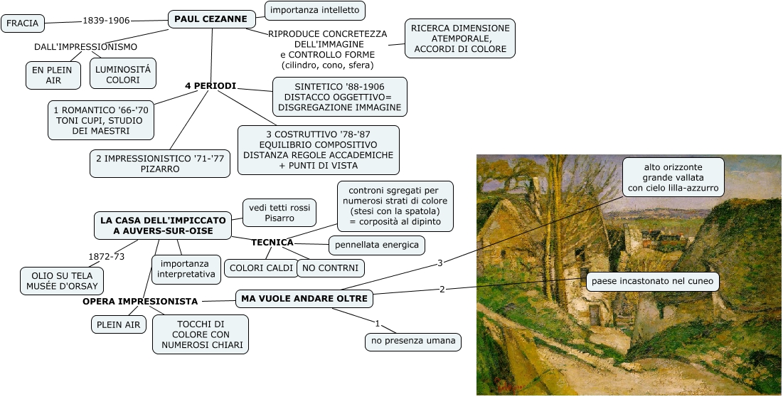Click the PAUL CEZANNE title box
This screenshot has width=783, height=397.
tap(212, 19)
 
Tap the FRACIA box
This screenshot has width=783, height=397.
tap(23, 23)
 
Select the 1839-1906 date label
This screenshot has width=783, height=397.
tap(106, 21)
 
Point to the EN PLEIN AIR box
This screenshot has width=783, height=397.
tap(53, 75)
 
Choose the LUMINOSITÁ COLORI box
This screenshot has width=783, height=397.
tap(123, 75)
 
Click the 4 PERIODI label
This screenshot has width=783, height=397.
tap(211, 86)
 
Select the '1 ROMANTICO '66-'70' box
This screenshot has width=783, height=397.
tap(101, 120)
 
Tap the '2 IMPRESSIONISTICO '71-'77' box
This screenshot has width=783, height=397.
tap(160, 164)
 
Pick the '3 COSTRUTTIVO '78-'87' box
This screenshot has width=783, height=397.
tap(318, 150)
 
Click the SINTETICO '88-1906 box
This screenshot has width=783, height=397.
tap(339, 97)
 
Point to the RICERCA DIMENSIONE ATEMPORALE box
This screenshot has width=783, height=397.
tap(460, 38)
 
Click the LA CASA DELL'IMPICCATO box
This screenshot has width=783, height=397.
tap(163, 226)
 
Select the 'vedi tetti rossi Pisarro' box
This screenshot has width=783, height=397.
tap(279, 213)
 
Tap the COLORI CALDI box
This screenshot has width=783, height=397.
tap(261, 268)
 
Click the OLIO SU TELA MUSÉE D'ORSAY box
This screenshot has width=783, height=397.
tap(62, 280)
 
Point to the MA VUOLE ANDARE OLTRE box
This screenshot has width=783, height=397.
tap(304, 299)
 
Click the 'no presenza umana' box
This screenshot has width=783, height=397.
tap(413, 342)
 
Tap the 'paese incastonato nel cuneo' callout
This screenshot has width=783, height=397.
tap(653, 282)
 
